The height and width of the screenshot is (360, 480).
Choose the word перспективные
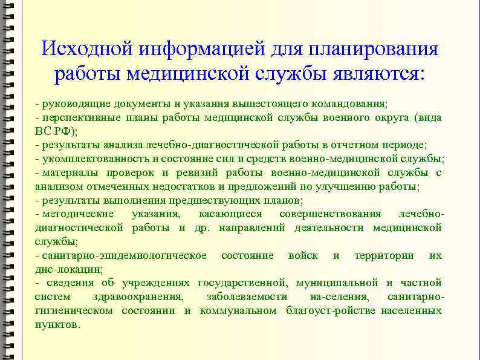78,117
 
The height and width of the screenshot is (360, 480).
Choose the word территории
384,255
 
